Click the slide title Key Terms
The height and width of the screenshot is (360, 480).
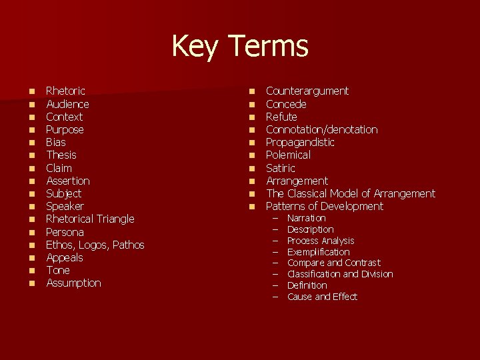239,46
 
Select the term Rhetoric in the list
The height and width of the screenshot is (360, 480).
65,91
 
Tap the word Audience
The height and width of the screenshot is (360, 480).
67,104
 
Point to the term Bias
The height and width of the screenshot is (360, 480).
56,142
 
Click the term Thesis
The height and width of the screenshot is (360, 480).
61,155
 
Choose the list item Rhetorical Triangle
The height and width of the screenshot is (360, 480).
90,219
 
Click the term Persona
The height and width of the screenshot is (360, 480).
65,232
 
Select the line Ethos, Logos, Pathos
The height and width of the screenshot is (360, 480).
95,245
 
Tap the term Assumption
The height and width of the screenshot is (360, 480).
73,283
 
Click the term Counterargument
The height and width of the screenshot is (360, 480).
307,91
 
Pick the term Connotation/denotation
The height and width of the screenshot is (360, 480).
321,129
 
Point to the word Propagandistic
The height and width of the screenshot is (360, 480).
300,142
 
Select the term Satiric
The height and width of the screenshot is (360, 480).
280,168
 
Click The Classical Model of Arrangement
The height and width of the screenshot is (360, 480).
350,193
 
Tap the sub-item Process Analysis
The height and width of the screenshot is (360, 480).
321,241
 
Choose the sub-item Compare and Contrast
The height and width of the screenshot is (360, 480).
333,263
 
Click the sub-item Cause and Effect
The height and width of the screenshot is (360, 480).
322,297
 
